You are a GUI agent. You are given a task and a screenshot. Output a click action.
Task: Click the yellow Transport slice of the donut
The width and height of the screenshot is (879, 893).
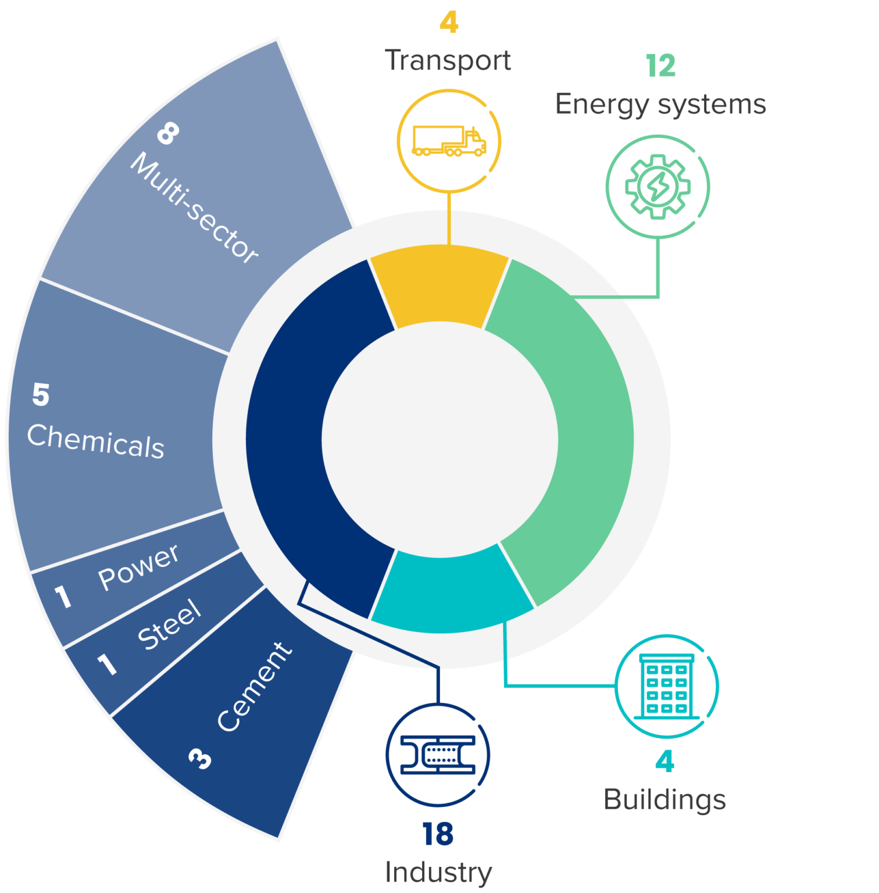(x=440, y=285)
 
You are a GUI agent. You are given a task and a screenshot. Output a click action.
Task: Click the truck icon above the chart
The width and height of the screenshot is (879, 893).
(x=449, y=141)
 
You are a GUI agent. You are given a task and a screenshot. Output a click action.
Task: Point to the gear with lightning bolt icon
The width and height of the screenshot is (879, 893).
(x=658, y=187)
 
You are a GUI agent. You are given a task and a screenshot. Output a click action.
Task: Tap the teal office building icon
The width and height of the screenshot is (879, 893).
(x=666, y=686)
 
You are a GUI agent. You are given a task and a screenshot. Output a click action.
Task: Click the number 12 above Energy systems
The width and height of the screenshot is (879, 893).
(x=660, y=66)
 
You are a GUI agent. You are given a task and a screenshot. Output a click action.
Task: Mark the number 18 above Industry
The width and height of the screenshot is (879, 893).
(x=438, y=834)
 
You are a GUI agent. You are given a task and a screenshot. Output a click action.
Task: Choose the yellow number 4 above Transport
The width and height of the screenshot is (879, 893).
(x=449, y=23)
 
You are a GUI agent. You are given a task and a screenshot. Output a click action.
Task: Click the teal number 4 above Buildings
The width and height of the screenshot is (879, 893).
(x=664, y=762)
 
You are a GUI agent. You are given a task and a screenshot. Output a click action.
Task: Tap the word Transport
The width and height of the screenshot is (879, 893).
(x=448, y=60)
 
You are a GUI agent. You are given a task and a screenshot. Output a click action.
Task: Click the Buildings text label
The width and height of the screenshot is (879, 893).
(x=664, y=799)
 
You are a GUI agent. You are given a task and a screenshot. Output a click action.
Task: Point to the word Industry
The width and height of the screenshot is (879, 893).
(x=438, y=872)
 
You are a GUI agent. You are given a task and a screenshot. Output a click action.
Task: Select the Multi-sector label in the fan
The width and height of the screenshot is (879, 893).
(x=194, y=208)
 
